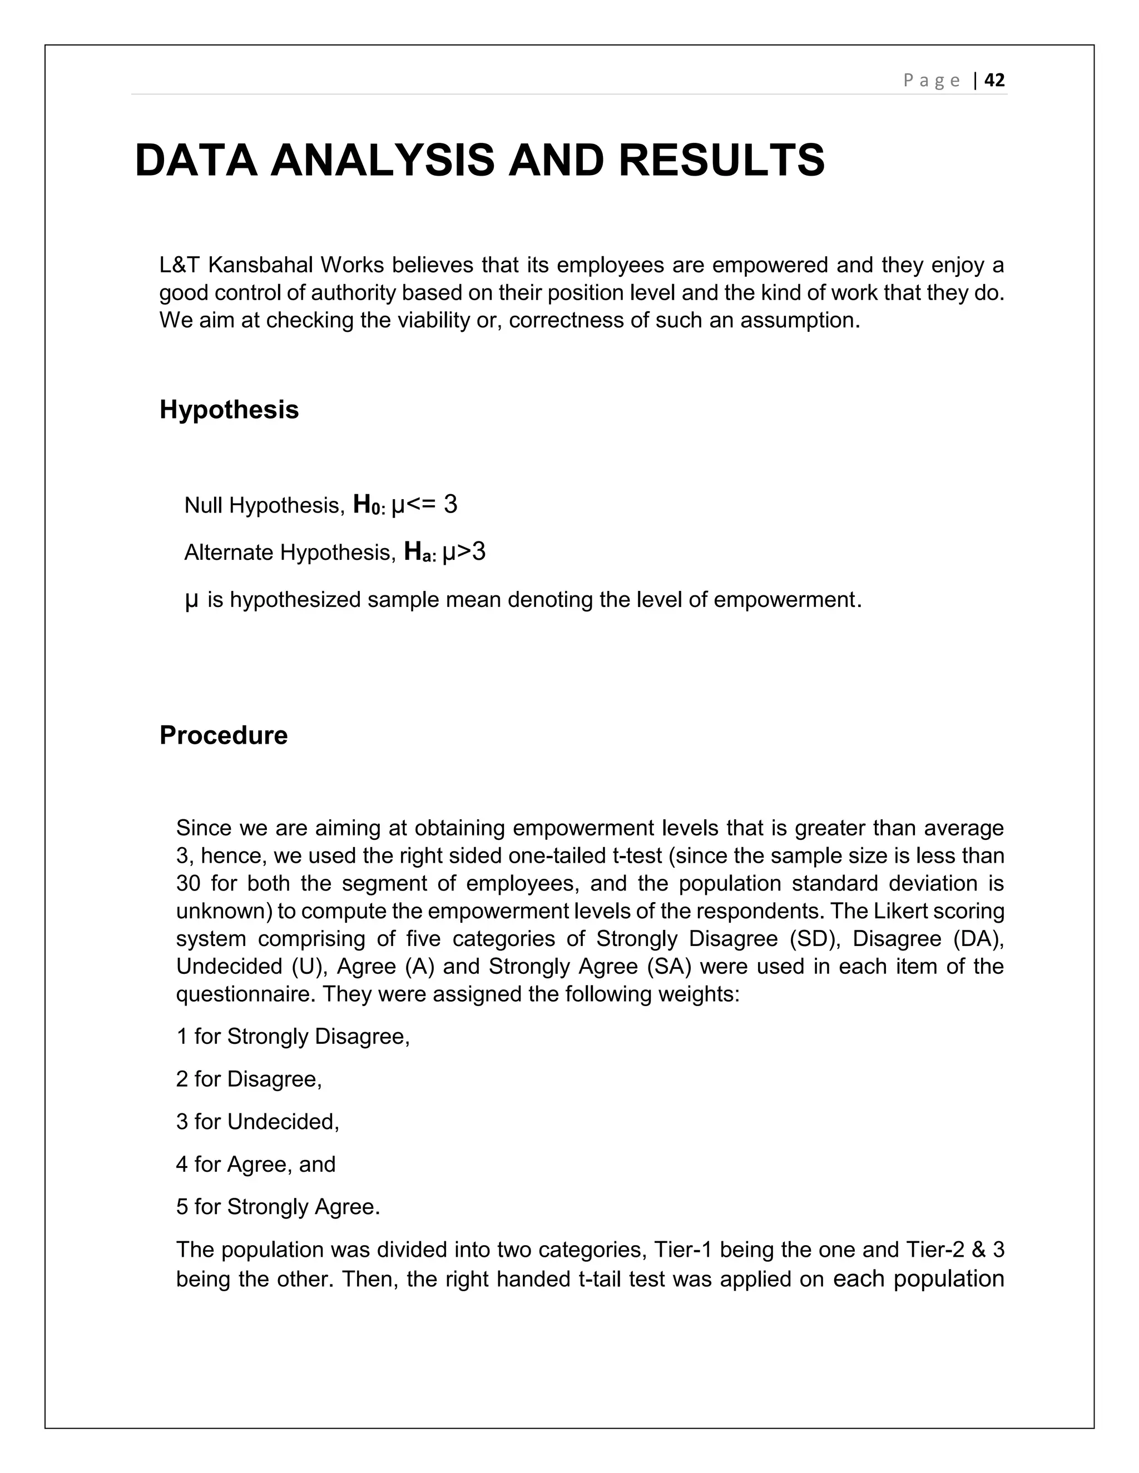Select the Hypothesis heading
pos(229,410)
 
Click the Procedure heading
pos(224,735)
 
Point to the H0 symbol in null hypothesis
pos(368,505)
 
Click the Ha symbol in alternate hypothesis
pos(419,552)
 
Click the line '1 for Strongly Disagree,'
pos(293,1036)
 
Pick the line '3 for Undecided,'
pos(257,1122)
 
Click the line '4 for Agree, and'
pos(256,1164)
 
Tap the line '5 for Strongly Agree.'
pos(278,1207)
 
